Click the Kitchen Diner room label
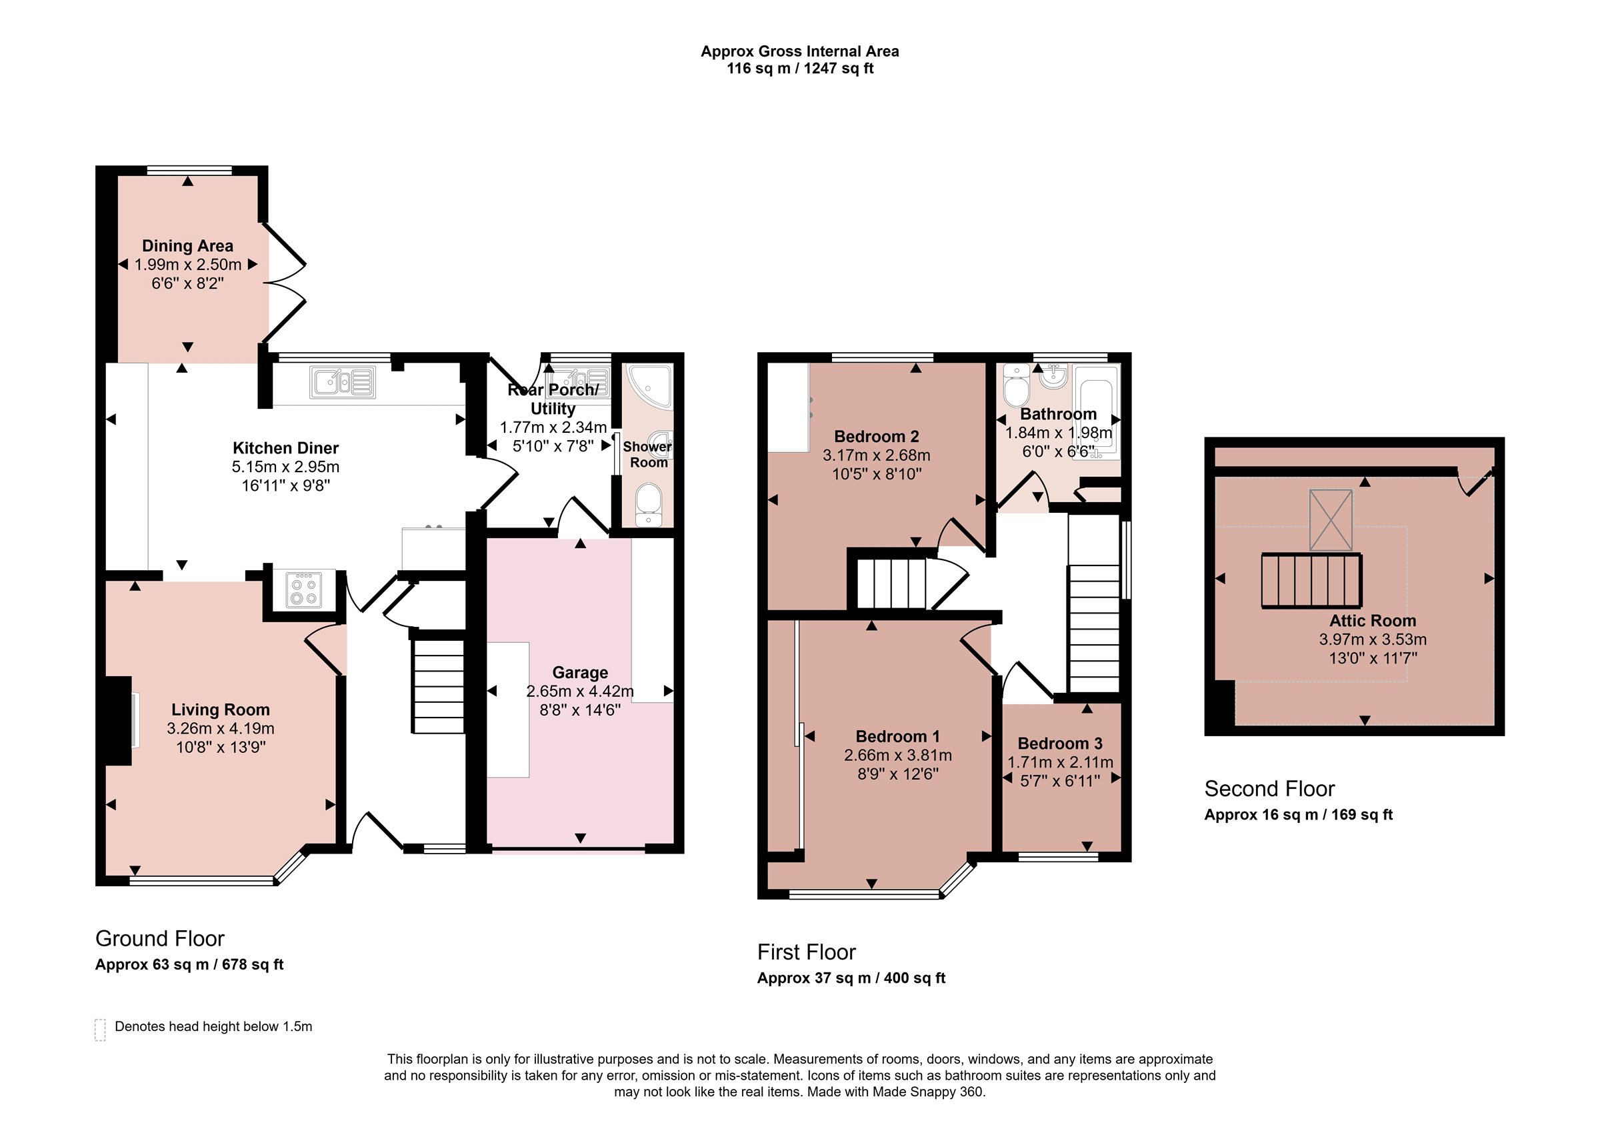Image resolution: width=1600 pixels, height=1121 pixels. tap(286, 447)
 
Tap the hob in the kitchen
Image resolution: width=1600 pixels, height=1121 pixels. tap(304, 590)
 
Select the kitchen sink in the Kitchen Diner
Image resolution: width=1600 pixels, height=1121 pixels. tap(343, 383)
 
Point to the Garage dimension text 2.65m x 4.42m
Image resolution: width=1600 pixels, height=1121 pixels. tap(580, 692)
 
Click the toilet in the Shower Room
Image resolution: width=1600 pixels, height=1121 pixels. tap(649, 505)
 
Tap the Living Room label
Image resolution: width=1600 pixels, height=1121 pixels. tap(220, 710)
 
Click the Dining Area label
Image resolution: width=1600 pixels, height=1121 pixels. tap(187, 246)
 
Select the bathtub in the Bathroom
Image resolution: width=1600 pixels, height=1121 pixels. tap(1097, 410)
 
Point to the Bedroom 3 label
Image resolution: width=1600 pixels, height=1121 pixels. tap(1060, 744)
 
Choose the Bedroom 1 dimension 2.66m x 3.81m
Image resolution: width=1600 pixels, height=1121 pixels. tap(897, 755)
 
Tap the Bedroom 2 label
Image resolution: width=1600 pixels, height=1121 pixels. tap(877, 436)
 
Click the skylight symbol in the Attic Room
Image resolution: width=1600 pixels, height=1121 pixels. tap(1331, 520)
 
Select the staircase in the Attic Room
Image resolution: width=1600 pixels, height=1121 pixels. tap(1311, 581)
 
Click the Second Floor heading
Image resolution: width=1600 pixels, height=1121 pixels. tap(1270, 788)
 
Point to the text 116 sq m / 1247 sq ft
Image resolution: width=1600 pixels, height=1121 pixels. tap(800, 68)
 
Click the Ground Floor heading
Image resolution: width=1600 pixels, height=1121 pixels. tap(160, 938)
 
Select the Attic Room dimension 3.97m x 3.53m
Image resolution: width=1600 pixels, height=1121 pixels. tap(1373, 640)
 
